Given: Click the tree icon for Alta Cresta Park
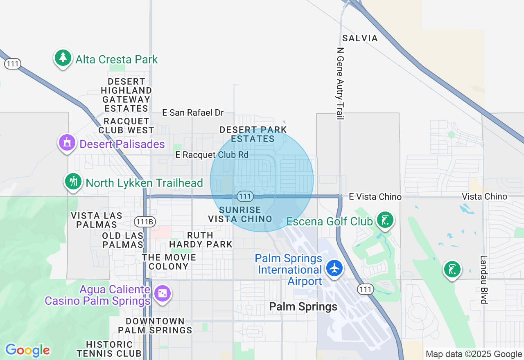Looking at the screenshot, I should point(63,58).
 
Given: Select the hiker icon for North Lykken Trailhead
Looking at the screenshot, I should point(73,181).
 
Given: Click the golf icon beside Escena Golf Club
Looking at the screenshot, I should point(385,220).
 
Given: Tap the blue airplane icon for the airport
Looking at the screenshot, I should point(335,268).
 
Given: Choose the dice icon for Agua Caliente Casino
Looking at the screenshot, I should point(163,293).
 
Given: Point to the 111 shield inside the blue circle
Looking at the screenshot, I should point(245,196).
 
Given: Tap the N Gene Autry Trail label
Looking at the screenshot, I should point(340,83).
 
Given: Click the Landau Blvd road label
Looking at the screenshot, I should point(484,280).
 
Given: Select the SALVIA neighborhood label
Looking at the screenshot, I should point(360,38).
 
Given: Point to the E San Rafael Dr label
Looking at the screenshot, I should point(193,112).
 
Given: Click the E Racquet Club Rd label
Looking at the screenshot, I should point(212,155).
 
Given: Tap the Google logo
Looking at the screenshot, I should point(27,350).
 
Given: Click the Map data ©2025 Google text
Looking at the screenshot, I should point(474,354).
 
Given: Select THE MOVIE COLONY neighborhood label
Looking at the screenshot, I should point(169,262).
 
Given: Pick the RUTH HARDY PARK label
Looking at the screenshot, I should point(201,240).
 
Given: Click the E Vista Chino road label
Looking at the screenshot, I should point(375,197).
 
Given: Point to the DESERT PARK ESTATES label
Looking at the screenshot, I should point(253,134).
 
